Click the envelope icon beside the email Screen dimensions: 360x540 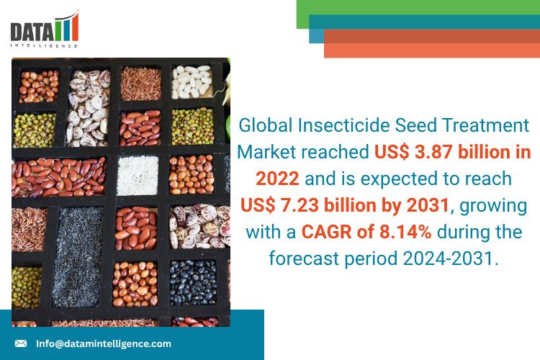point(21,344)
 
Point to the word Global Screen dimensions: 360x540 point(265,125)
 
